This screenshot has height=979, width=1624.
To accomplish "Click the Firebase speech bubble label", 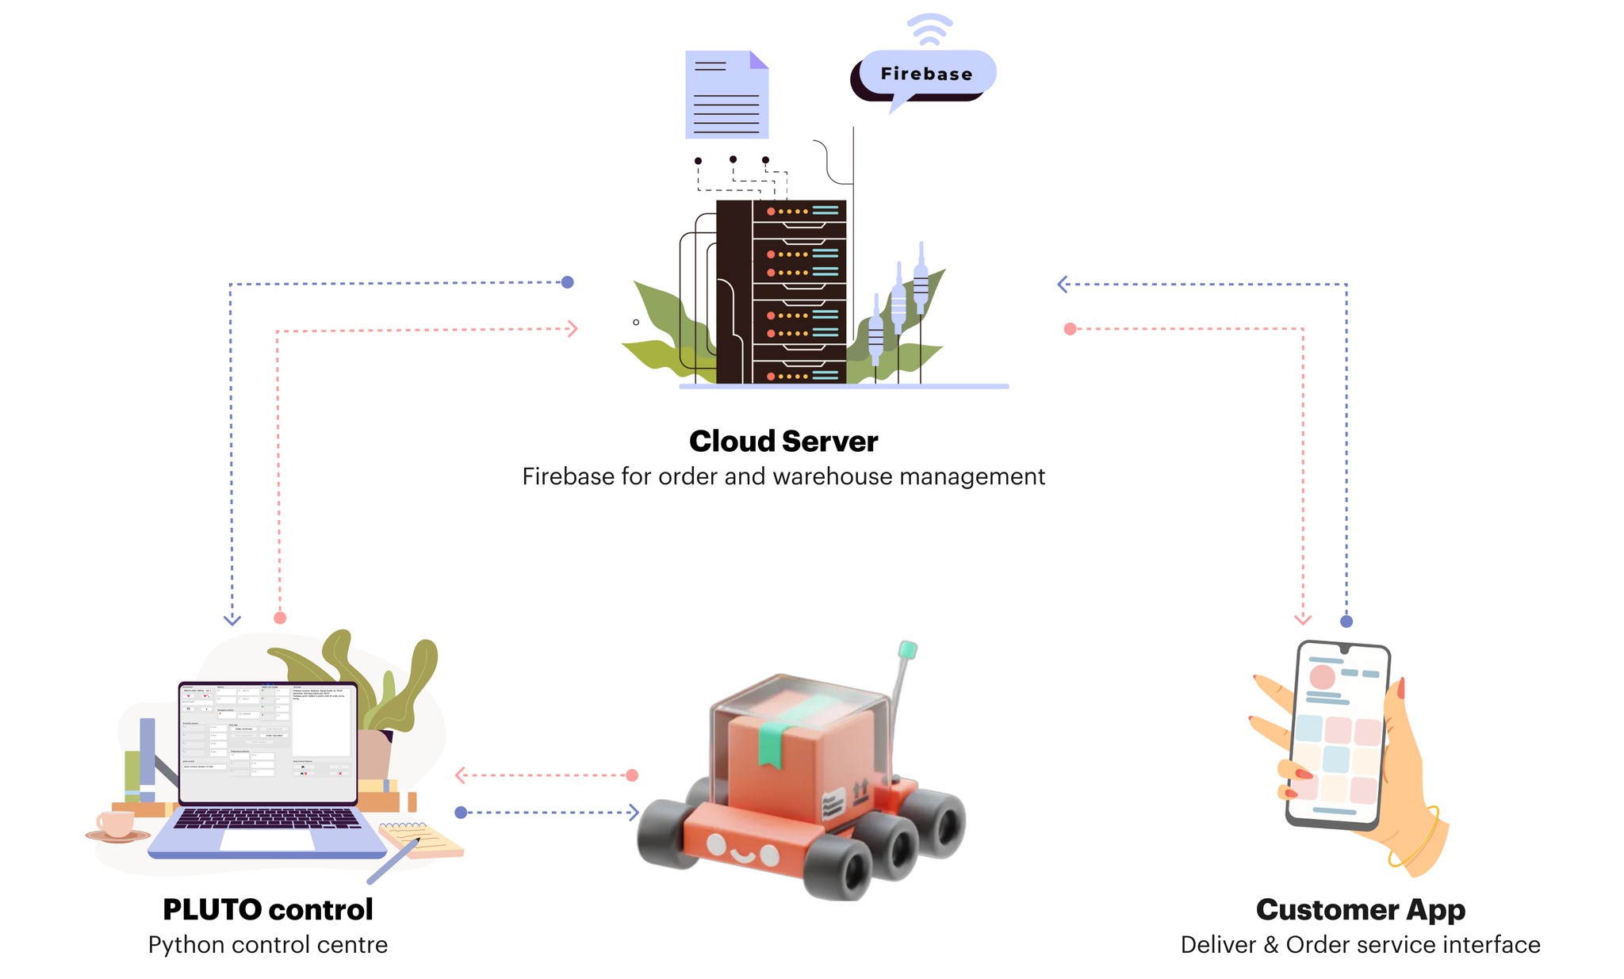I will pyautogui.click(x=926, y=74).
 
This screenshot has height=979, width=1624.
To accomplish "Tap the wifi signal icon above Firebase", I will pyautogui.click(x=929, y=30).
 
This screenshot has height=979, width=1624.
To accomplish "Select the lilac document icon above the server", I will pyautogui.click(x=726, y=95).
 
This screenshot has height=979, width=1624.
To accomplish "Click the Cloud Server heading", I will pyautogui.click(x=783, y=442).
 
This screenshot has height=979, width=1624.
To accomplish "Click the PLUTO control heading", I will pyautogui.click(x=268, y=909).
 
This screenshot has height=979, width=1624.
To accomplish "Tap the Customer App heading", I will pyautogui.click(x=1361, y=909).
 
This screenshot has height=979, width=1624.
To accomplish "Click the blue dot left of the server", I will pyautogui.click(x=568, y=282).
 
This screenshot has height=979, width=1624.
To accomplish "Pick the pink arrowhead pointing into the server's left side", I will pyautogui.click(x=573, y=329).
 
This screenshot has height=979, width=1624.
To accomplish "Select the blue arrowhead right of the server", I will pyautogui.click(x=1063, y=284).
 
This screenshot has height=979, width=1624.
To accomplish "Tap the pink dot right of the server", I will pyautogui.click(x=1071, y=329).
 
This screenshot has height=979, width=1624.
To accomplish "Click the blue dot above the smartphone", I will pyautogui.click(x=1346, y=621).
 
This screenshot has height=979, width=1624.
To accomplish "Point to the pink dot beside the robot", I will pyautogui.click(x=632, y=775).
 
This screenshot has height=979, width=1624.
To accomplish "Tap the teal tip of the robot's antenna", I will pyautogui.click(x=908, y=650).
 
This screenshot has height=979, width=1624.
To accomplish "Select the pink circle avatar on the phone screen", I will pyautogui.click(x=1323, y=677).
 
